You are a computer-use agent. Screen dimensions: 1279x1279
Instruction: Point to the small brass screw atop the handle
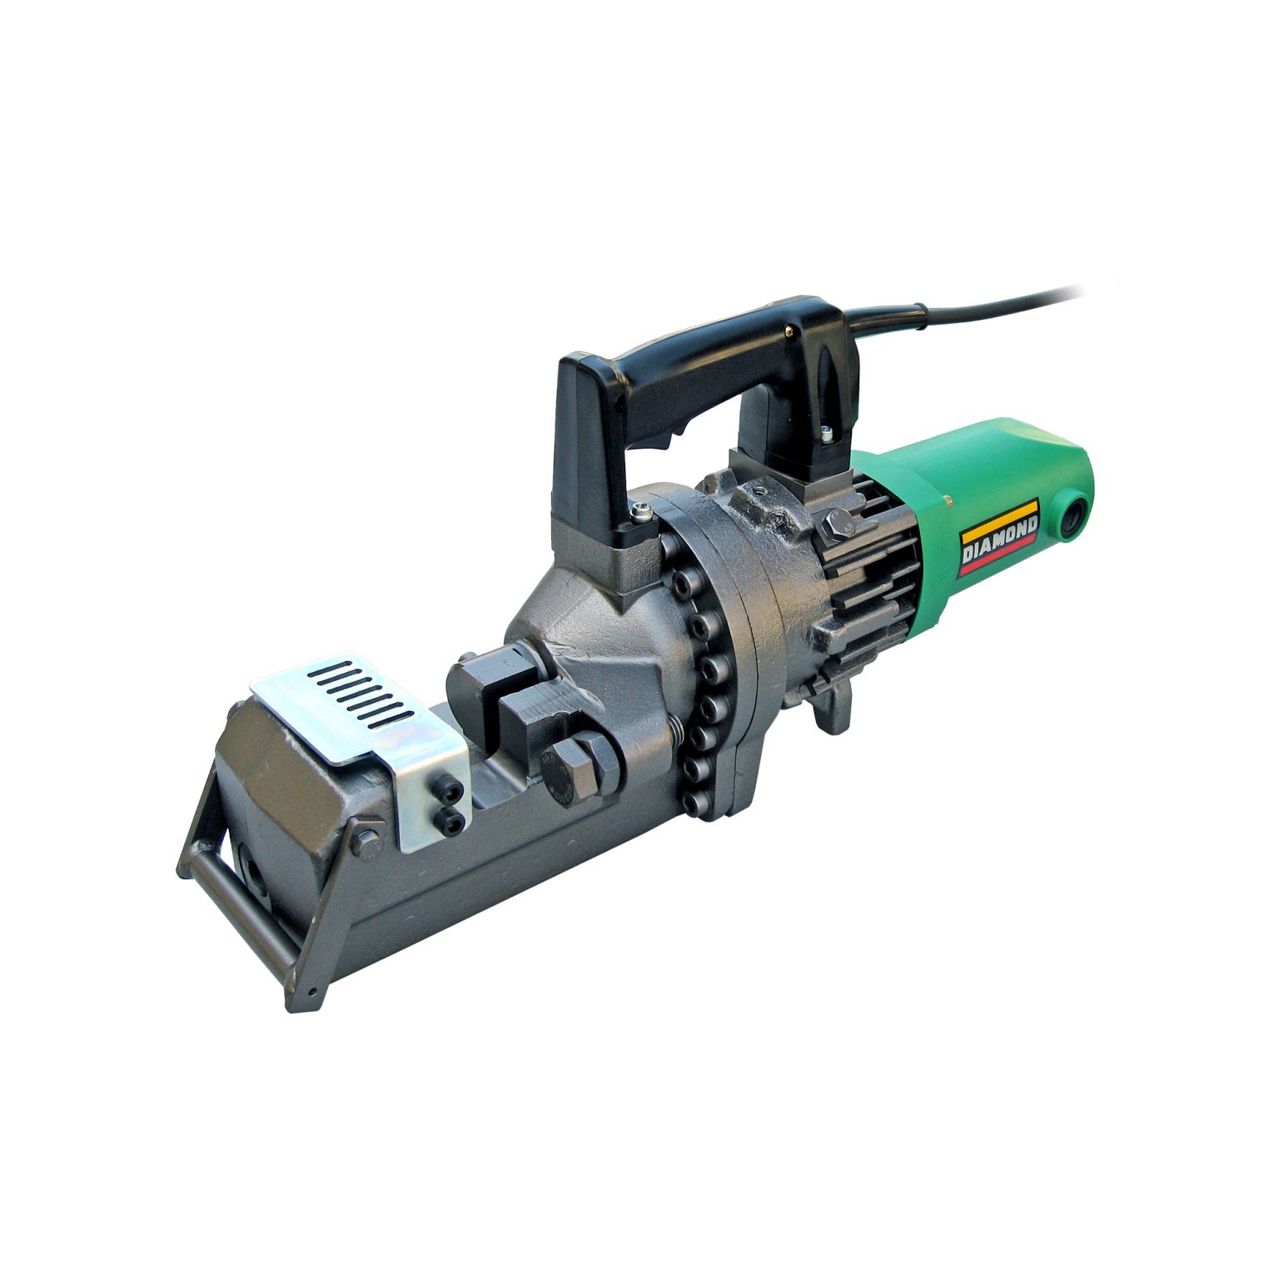click(788, 332)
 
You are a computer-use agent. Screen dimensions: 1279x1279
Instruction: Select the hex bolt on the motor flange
click(833, 528)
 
